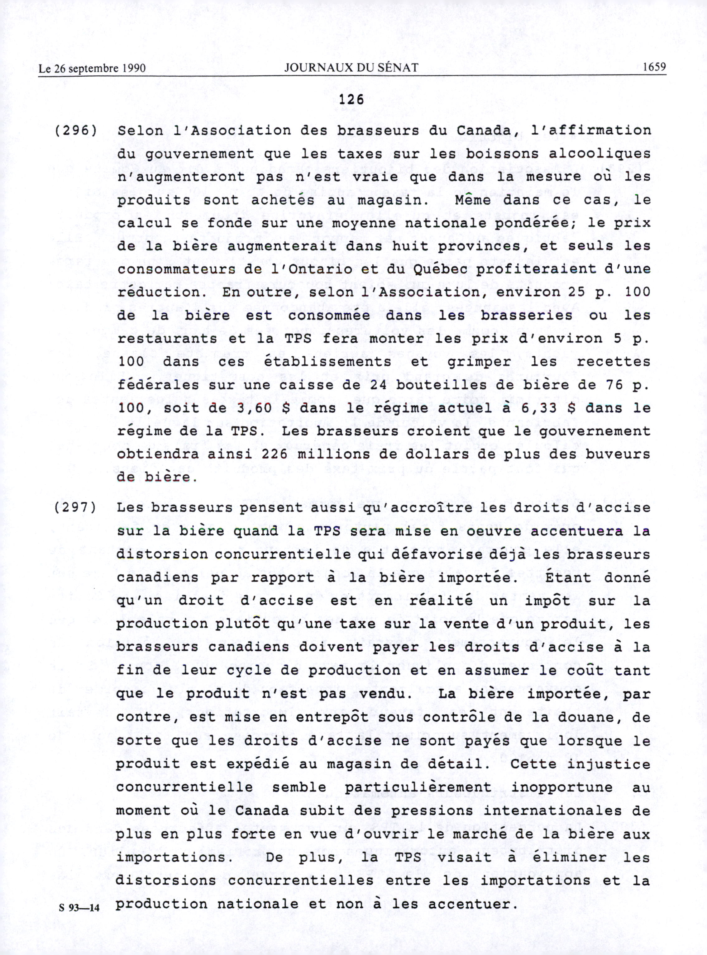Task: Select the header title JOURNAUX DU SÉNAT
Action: pyautogui.click(x=351, y=68)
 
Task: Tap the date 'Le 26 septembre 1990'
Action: pyautogui.click(x=92, y=69)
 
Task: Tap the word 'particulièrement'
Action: pyautogui.click(x=418, y=787)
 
